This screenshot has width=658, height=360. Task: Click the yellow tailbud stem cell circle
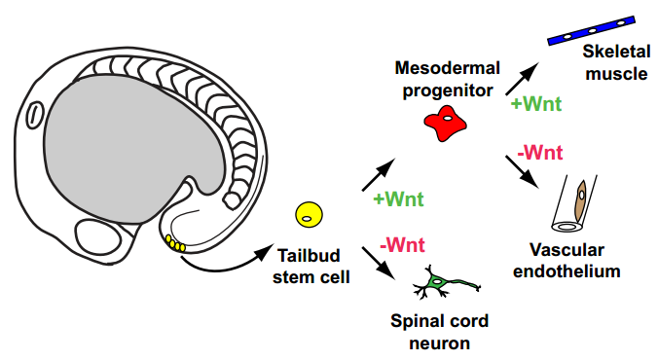(310, 215)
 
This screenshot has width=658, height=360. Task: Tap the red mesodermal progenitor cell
(445, 123)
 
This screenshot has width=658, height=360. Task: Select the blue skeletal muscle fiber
(591, 30)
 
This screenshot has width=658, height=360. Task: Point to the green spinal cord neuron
(446, 282)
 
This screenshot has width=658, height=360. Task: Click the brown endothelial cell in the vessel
(581, 200)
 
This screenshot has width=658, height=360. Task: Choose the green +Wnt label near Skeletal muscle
(536, 104)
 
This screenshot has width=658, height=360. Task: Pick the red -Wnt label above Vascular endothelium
(540, 152)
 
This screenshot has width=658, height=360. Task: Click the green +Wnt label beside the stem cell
(398, 198)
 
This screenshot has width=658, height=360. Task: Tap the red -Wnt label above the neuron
(402, 244)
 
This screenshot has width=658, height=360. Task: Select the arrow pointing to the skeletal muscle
(522, 79)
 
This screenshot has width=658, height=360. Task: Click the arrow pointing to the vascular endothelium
(522, 171)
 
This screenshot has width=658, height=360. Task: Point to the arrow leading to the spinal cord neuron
(379, 263)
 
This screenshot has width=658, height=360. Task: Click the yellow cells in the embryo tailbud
(175, 243)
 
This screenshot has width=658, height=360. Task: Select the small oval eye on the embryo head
(35, 115)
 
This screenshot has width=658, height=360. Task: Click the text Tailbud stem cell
(311, 267)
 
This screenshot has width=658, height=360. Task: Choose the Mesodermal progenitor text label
(448, 79)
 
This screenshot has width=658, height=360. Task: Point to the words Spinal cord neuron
(439, 332)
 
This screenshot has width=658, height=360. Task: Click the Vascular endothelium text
(567, 261)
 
